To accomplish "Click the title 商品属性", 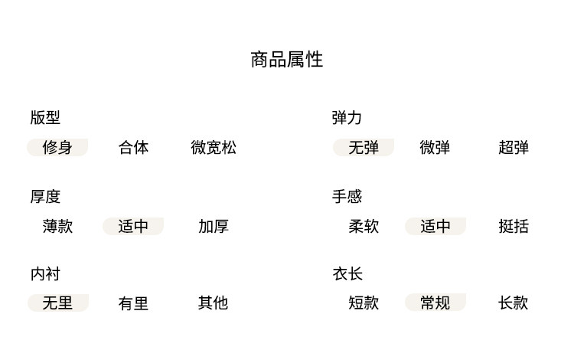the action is point(287,60).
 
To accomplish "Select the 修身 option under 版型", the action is point(57,147).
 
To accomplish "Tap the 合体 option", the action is point(133,147).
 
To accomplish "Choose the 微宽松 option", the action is point(214,147).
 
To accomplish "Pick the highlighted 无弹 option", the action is point(364,147).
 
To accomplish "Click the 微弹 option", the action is point(435,147).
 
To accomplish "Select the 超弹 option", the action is point(514,147).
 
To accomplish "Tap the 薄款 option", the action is point(57,226).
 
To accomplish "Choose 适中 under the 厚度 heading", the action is point(133,226).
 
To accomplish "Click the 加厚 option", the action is point(214,226).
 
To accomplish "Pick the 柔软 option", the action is point(364,226).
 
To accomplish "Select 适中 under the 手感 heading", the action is point(435,226).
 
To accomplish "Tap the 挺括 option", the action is point(514,226).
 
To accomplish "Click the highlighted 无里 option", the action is point(57,303).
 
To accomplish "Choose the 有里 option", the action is point(133,303).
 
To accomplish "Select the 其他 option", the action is point(214,303).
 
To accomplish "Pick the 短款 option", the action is point(364,303).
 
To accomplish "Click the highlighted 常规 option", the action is point(435,303).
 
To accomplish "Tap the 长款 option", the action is point(514,303).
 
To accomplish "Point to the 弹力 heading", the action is point(347,118).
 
